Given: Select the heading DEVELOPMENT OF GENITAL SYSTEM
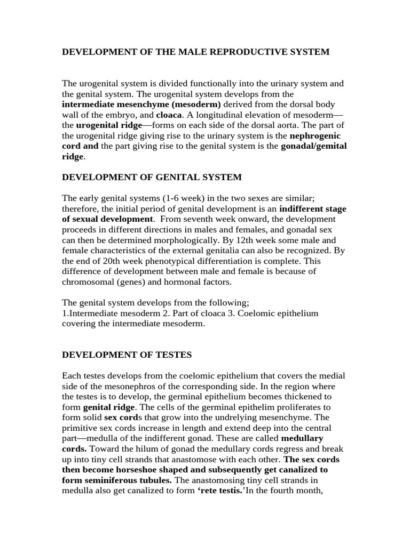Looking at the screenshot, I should click(x=152, y=177).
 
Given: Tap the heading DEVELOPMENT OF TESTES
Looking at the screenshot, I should click(x=127, y=355).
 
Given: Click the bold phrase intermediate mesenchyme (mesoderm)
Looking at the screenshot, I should click(x=141, y=105).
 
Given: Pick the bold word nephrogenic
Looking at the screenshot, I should click(x=315, y=136).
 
